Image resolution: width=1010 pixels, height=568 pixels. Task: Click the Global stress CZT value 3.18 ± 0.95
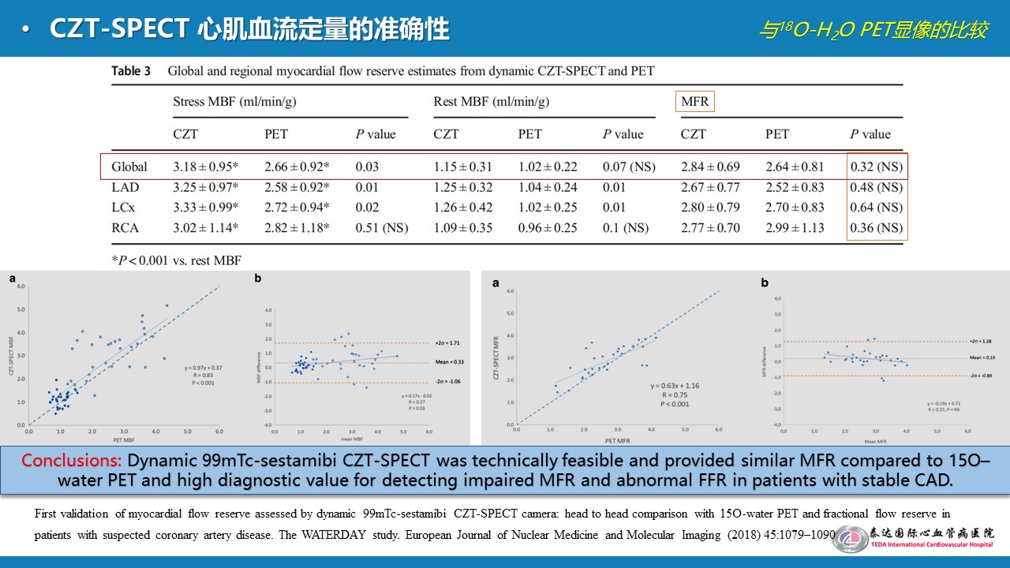coord(206,167)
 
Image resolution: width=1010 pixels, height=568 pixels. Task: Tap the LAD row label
coord(125,188)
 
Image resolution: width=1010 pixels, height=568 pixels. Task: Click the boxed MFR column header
coord(694,102)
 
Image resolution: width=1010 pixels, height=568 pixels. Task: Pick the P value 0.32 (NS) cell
coord(876,167)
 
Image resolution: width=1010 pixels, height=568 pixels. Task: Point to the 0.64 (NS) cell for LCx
coord(876,207)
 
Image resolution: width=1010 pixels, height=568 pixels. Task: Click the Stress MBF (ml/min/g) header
coord(234,102)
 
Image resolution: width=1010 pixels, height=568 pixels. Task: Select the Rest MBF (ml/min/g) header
coord(491,102)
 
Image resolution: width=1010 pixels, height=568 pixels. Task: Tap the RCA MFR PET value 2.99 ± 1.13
coord(795,228)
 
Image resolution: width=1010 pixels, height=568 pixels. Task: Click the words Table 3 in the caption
coord(130,71)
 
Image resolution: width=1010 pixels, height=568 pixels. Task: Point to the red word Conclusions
coord(71,461)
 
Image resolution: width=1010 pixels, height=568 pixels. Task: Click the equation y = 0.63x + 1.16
coord(668,386)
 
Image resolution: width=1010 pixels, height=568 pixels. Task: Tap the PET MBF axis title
coord(122,439)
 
